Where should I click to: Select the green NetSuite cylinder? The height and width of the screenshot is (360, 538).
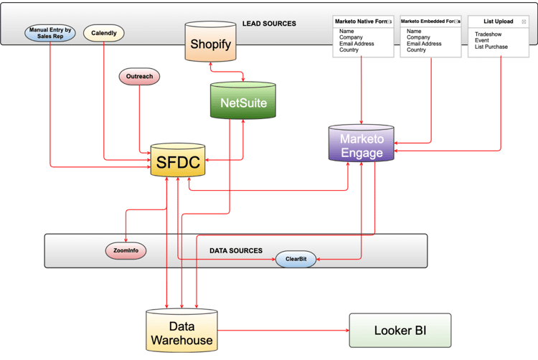243,103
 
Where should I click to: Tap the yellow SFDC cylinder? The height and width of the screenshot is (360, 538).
178,164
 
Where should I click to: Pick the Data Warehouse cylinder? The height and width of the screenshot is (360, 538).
181,332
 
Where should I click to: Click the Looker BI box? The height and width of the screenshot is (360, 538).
400,331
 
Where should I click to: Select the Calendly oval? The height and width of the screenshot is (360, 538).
104,33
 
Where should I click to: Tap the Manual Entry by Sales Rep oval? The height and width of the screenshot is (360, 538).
50,33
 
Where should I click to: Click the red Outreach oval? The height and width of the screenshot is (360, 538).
139,77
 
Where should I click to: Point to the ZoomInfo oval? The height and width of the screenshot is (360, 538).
126,251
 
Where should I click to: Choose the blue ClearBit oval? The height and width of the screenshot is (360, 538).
296,259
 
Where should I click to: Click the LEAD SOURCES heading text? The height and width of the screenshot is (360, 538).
269,24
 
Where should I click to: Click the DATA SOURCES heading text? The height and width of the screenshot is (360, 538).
235,251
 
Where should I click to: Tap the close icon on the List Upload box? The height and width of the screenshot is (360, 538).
524,22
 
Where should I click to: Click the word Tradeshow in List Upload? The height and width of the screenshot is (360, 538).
488,34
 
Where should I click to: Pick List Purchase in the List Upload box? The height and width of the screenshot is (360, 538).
491,47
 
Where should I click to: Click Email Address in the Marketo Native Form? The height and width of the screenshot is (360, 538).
360,44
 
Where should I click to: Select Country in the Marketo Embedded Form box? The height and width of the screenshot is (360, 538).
416,50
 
